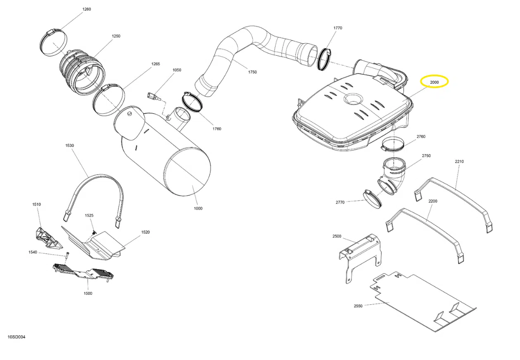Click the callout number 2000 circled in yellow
pyautogui.click(x=434, y=83)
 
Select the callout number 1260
pyautogui.click(x=87, y=9)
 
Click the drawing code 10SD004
pyautogui.click(x=17, y=337)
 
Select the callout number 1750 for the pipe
pyautogui.click(x=252, y=72)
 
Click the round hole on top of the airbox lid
pyautogui.click(x=352, y=99)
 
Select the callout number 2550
pyautogui.click(x=358, y=306)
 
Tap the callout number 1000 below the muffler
pyautogui.click(x=198, y=208)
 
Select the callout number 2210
pyautogui.click(x=459, y=161)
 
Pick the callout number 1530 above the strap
pyautogui.click(x=69, y=146)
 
